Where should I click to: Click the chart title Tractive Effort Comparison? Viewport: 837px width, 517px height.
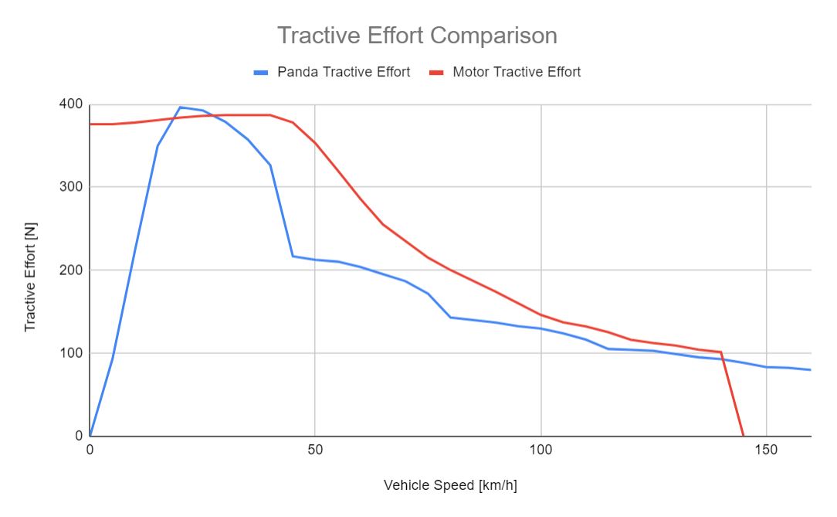click(417, 36)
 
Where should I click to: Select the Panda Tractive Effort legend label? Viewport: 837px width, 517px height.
click(344, 72)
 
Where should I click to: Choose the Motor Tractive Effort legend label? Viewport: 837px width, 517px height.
click(517, 72)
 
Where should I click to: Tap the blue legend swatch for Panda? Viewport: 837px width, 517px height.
click(261, 73)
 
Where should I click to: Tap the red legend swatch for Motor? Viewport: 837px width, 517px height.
click(436, 73)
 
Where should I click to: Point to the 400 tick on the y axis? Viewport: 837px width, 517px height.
click(72, 104)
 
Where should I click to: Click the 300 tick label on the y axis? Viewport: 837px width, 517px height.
click(72, 187)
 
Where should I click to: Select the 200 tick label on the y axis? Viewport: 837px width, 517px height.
click(72, 270)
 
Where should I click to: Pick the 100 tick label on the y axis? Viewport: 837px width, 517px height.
click(72, 353)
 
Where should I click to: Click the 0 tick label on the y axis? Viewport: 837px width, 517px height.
click(78, 436)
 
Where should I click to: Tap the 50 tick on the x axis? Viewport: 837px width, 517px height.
click(315, 450)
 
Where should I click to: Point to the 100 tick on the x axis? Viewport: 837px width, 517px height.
click(540, 450)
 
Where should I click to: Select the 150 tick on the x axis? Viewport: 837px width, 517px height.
click(766, 450)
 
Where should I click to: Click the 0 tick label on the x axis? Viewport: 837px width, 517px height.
click(90, 450)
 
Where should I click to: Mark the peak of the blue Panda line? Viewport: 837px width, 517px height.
click(180, 107)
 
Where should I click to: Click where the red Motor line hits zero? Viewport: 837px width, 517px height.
click(743, 436)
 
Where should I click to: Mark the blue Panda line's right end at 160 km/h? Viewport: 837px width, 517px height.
click(811, 369)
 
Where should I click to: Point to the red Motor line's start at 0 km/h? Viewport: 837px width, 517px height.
click(90, 124)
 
